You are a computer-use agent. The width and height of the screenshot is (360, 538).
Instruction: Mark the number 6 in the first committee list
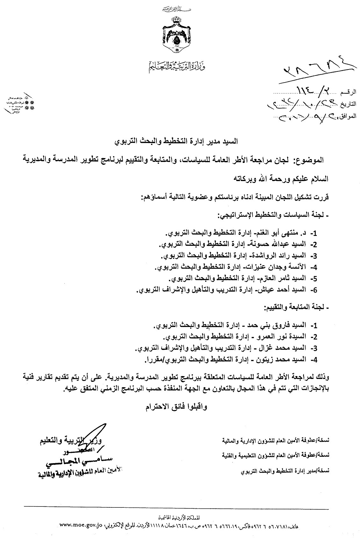(x=314, y=290)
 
